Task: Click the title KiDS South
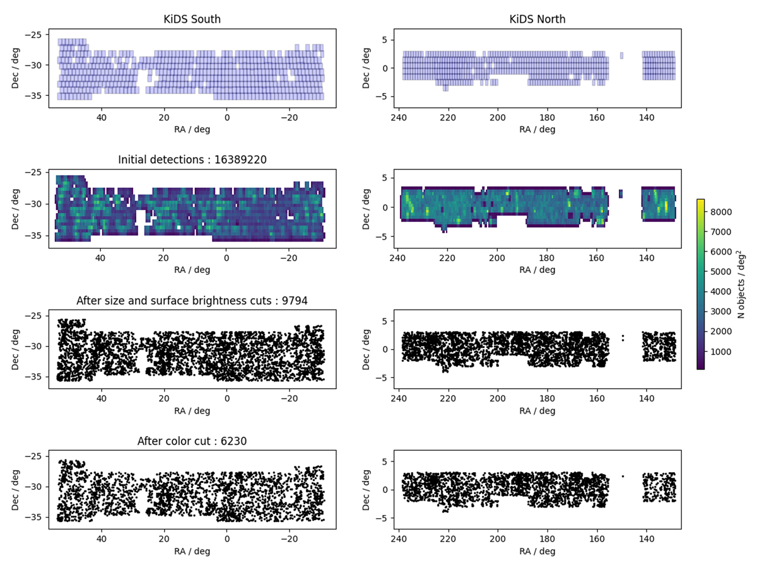192,19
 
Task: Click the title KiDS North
537,19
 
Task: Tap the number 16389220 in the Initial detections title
240,159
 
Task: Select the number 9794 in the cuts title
294,301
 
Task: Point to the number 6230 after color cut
233,441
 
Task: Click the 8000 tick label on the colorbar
721,212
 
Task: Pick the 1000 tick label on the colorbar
721,352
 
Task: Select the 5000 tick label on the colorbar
721,272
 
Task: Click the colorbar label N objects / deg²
741,284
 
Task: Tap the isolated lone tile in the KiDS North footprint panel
621,55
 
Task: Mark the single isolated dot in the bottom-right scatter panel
623,477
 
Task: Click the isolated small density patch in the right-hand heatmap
621,194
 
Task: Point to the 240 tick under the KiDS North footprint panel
399,117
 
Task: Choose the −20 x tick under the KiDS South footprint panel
290,117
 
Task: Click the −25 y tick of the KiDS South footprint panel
33,35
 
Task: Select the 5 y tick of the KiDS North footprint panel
385,40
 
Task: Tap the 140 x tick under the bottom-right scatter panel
647,539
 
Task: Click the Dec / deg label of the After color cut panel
15,489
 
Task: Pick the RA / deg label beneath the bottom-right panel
537,552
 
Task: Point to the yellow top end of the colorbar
700,200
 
